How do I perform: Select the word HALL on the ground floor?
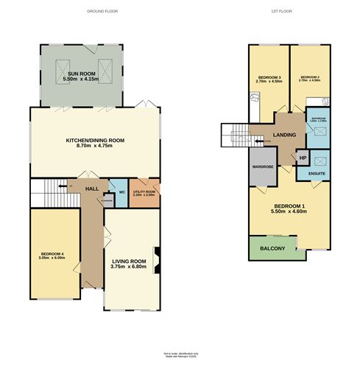pyautogui.click(x=91, y=189)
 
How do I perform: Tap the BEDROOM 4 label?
pyautogui.click(x=52, y=256)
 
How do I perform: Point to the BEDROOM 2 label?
pyautogui.click(x=311, y=77)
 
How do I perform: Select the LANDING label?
pyautogui.click(x=284, y=136)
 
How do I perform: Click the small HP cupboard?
pyautogui.click(x=302, y=158)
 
